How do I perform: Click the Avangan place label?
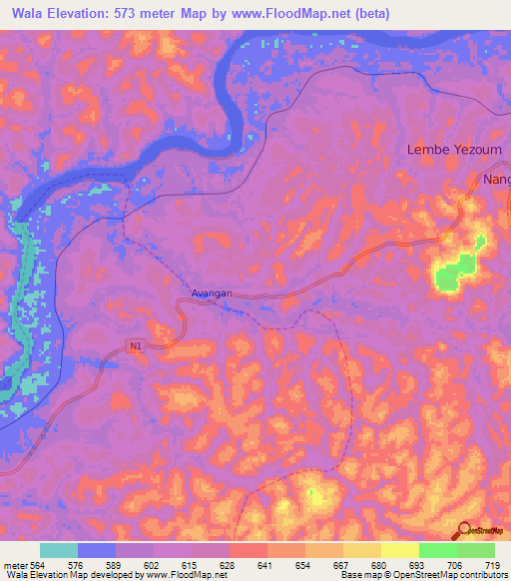(x=212, y=293)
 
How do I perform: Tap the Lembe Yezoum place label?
(x=454, y=150)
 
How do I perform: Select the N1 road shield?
(x=135, y=345)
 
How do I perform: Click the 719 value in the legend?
(x=491, y=564)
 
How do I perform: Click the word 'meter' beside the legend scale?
(x=13, y=564)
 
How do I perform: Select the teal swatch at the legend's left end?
(x=59, y=550)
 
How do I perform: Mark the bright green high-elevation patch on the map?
(x=456, y=272)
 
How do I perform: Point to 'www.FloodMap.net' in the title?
(x=294, y=14)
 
